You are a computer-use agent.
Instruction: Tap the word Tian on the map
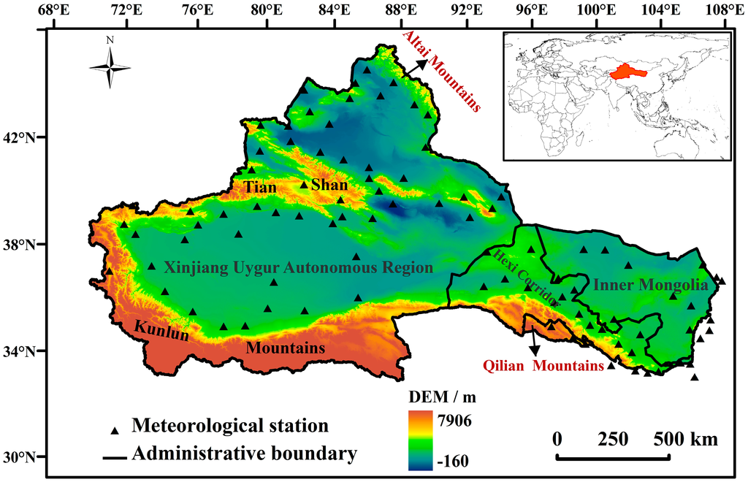(260, 188)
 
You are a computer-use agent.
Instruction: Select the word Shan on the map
(329, 185)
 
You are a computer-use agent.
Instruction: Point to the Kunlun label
(161, 332)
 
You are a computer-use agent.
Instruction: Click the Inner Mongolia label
(650, 285)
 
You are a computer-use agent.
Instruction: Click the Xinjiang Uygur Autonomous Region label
(298, 267)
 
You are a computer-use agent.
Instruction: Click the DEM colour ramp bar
(423, 440)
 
